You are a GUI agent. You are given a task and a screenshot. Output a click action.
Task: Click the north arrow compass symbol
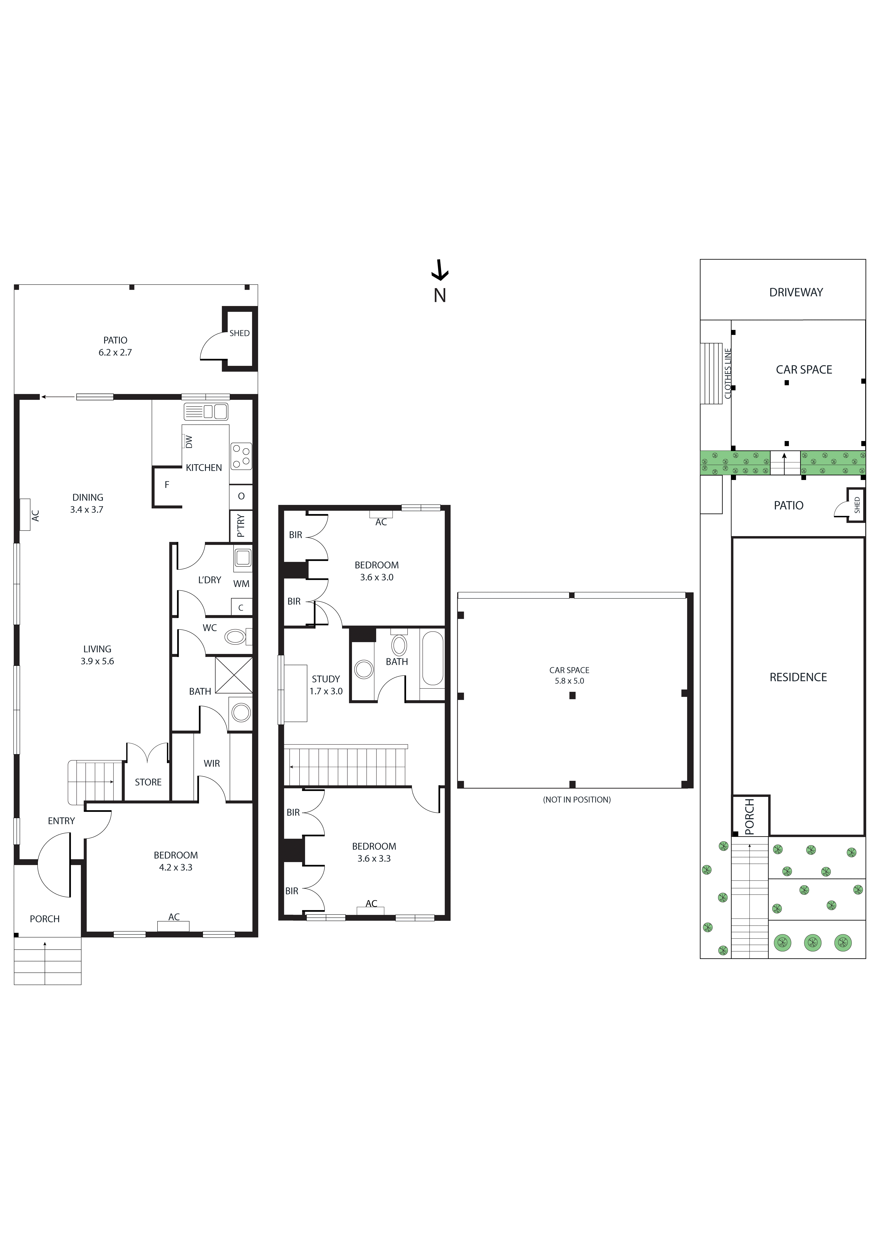pyautogui.click(x=439, y=271)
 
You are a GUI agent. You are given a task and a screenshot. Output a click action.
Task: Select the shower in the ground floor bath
pyautogui.click(x=234, y=675)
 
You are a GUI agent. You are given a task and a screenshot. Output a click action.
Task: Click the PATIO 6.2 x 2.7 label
pyautogui.click(x=115, y=346)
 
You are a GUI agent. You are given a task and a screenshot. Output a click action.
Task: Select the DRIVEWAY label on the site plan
pyautogui.click(x=796, y=293)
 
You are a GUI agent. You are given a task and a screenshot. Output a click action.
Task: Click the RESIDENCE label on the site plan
pyautogui.click(x=798, y=677)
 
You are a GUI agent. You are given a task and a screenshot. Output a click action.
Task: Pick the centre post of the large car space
pyautogui.click(x=572, y=696)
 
